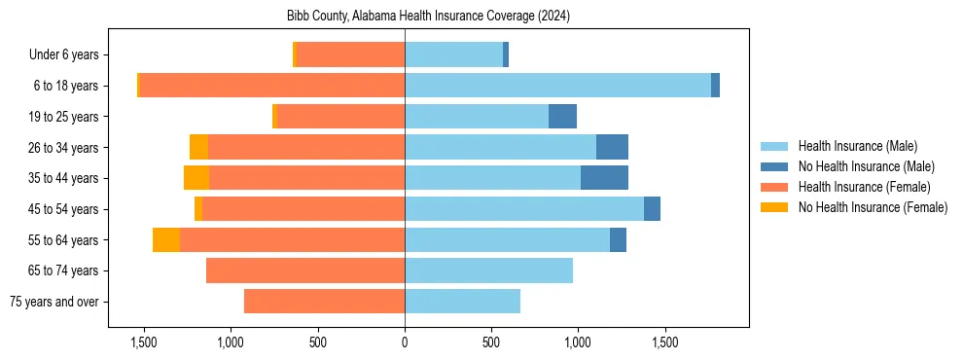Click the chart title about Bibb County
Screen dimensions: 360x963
pyautogui.click(x=428, y=17)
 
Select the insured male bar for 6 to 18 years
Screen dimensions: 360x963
pyautogui.click(x=557, y=86)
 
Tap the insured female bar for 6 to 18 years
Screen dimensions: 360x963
pyautogui.click(x=272, y=86)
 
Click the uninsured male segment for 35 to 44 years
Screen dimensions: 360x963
pyautogui.click(x=604, y=178)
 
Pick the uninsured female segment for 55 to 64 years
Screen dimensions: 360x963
pyautogui.click(x=166, y=239)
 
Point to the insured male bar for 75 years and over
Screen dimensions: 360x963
pyautogui.click(x=462, y=302)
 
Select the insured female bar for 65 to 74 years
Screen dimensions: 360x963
pyautogui.click(x=305, y=270)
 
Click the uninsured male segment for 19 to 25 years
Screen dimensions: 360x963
pyautogui.click(x=562, y=117)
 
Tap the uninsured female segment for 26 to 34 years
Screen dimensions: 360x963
pyautogui.click(x=198, y=147)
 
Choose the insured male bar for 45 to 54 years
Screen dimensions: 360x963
pyautogui.click(x=524, y=209)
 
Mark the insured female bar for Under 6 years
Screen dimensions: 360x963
pyautogui.click(x=351, y=55)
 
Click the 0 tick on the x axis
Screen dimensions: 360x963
pyautogui.click(x=405, y=342)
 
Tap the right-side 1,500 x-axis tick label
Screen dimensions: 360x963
pyautogui.click(x=665, y=342)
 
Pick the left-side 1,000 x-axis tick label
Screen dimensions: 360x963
pyautogui.click(x=230, y=342)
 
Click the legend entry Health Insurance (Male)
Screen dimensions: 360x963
pyautogui.click(x=857, y=146)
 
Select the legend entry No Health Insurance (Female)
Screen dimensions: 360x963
pyautogui.click(x=873, y=207)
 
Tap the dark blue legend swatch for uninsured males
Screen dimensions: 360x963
pyautogui.click(x=774, y=166)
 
